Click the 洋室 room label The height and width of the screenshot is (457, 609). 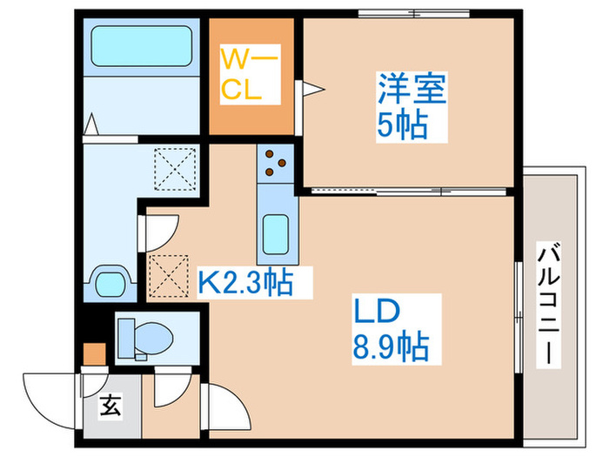click(x=412, y=91)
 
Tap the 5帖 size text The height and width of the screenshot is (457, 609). click(x=402, y=126)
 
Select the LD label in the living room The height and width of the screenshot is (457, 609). click(x=375, y=311)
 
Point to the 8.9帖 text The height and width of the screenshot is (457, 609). click(x=389, y=348)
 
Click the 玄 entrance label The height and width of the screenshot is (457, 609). click(x=110, y=405)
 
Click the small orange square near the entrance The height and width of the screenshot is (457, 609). click(x=93, y=354)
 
